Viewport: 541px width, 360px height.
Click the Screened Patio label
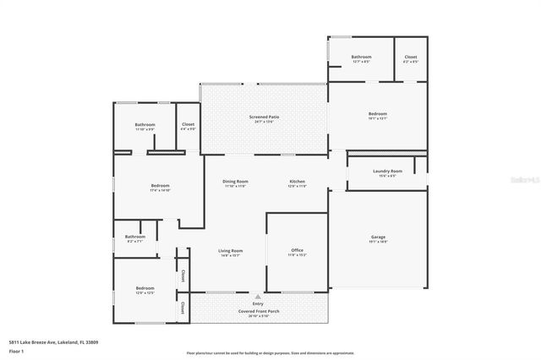264,117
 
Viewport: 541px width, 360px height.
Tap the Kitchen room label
297,182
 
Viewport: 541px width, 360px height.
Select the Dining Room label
235,182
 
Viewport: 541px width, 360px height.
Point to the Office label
297,250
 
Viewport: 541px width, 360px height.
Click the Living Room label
231,250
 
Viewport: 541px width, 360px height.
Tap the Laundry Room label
387,172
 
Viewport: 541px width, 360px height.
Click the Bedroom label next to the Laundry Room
377,114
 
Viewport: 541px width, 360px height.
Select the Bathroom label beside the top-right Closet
361,57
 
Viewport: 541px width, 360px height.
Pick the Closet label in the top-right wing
410,57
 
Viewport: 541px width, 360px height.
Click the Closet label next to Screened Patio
188,125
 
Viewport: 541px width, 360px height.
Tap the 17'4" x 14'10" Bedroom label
161,186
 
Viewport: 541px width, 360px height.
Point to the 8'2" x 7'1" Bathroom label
135,237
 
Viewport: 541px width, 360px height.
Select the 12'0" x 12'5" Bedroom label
145,289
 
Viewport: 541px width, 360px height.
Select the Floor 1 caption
16,350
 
